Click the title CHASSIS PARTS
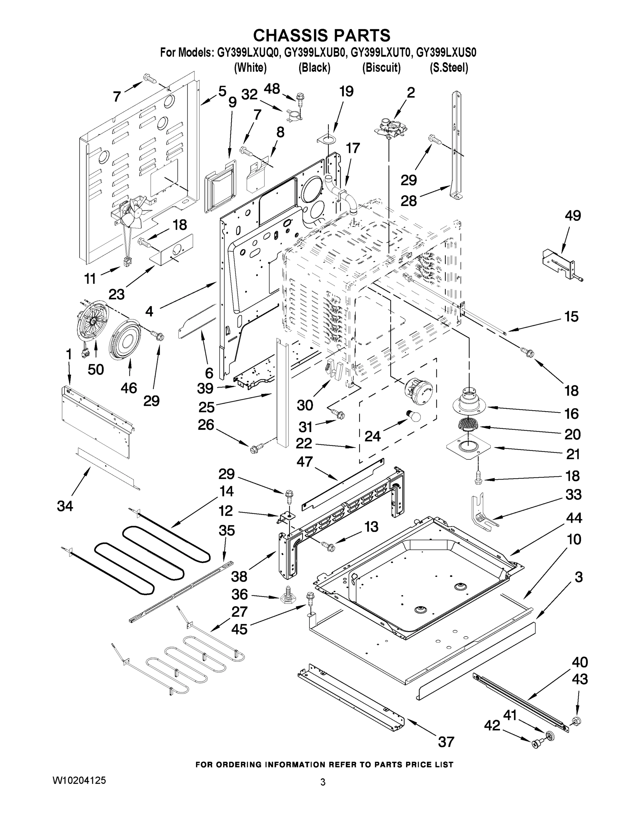pyautogui.click(x=322, y=35)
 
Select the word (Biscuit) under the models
pyautogui.click(x=381, y=68)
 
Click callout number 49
pyautogui.click(x=572, y=216)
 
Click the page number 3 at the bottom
pyautogui.click(x=323, y=782)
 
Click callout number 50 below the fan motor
pyautogui.click(x=96, y=369)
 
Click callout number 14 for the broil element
pyautogui.click(x=226, y=491)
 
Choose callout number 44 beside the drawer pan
pyautogui.click(x=573, y=518)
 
